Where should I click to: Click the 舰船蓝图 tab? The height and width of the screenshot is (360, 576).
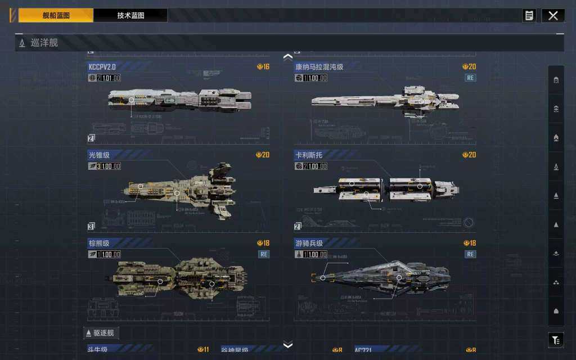pyautogui.click(x=56, y=16)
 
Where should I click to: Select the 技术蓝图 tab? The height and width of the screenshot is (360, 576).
pyautogui.click(x=130, y=16)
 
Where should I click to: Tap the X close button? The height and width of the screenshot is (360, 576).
pyautogui.click(x=553, y=16)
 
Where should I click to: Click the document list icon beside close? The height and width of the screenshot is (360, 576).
pyautogui.click(x=529, y=16)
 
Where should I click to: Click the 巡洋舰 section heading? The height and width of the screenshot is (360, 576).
pyautogui.click(x=44, y=43)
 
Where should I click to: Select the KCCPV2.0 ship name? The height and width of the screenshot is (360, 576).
pyautogui.click(x=102, y=67)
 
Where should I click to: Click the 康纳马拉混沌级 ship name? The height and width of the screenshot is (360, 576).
pyautogui.click(x=319, y=67)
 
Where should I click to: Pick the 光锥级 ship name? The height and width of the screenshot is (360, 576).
pyautogui.click(x=99, y=155)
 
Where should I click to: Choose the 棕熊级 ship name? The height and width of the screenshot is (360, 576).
pyautogui.click(x=99, y=243)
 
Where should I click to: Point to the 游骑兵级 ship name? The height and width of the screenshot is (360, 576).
pyautogui.click(x=309, y=243)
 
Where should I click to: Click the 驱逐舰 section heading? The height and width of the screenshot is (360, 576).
pyautogui.click(x=102, y=333)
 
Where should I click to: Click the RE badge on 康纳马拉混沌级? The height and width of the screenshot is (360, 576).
pyautogui.click(x=470, y=78)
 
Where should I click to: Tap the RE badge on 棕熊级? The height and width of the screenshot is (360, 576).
pyautogui.click(x=264, y=254)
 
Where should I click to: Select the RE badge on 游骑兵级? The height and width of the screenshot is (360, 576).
pyautogui.click(x=470, y=254)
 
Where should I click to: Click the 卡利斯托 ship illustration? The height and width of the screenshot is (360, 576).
pyautogui.click(x=386, y=190)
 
